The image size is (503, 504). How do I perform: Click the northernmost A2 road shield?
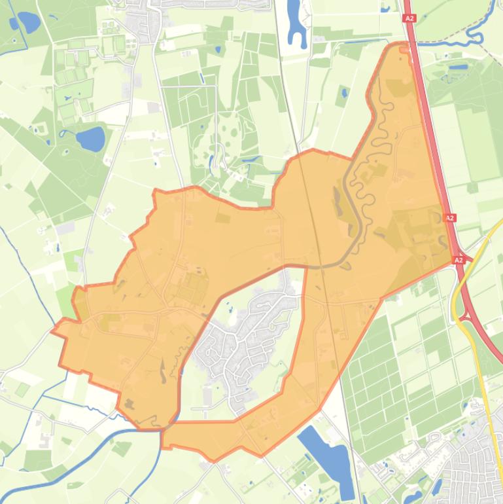click(410, 19)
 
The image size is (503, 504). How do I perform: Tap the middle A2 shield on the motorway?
click(450, 217)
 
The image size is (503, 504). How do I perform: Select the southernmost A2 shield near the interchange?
click(459, 260)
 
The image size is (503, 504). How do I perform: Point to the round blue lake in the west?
click(90, 139)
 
